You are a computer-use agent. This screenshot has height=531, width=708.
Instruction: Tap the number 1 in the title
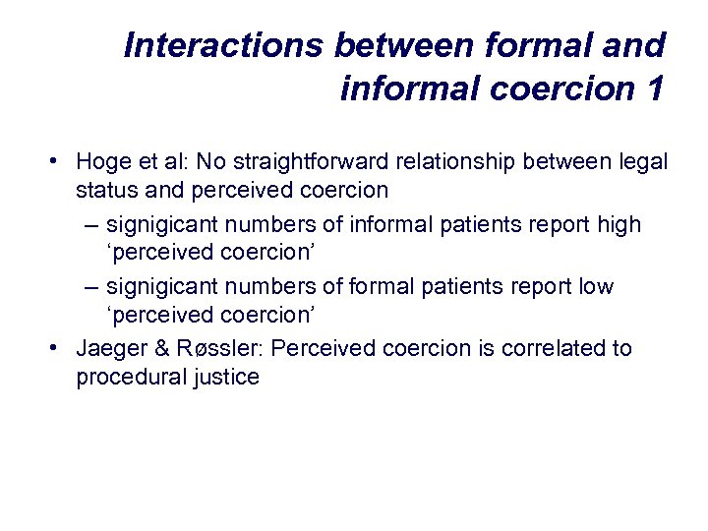654,88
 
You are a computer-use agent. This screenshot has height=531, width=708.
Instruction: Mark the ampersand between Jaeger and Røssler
156,348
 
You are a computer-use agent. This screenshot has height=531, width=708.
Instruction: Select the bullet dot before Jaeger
60,348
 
